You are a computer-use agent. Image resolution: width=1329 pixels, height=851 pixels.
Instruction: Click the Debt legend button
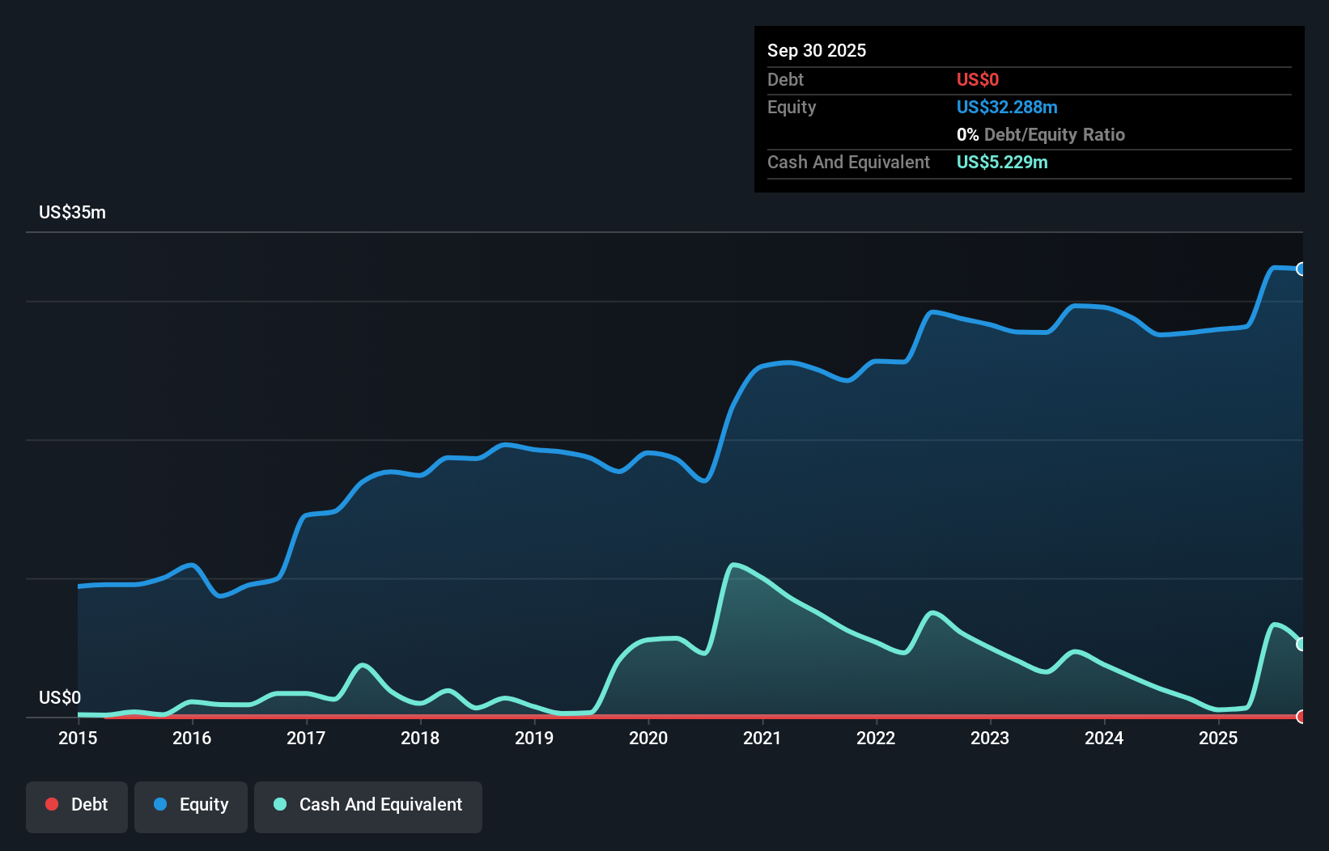point(77,806)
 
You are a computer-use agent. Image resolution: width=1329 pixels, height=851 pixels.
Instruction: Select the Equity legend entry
point(191,806)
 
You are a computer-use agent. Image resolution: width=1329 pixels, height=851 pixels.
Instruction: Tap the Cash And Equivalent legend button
point(368,806)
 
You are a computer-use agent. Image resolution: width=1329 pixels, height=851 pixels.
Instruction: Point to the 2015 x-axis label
point(78,739)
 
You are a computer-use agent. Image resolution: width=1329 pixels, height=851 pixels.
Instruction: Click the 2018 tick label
point(420,739)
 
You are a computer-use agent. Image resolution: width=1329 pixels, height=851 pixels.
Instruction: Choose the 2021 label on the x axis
point(762,739)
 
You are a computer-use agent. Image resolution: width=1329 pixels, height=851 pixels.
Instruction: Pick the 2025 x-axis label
point(1218,739)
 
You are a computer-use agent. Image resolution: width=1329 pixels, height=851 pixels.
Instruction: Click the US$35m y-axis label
point(72,213)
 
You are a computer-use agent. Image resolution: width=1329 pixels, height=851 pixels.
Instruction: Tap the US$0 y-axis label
point(60,698)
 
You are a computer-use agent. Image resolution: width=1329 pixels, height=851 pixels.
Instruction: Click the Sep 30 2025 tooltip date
point(817,51)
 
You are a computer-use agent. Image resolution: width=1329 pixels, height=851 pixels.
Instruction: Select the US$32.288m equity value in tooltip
point(1007,108)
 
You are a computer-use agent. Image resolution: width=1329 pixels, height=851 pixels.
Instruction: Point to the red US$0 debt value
point(978,80)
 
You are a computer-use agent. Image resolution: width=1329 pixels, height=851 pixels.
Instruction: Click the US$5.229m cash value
point(1002,163)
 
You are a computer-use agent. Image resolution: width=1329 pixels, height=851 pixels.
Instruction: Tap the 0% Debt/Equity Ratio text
point(1041,135)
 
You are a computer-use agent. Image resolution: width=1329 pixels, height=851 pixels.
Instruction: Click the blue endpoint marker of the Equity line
point(1301,269)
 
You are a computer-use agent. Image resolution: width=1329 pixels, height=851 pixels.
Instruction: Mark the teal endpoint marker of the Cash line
point(1301,644)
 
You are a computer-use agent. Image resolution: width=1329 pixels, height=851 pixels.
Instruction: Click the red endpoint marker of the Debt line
point(1301,717)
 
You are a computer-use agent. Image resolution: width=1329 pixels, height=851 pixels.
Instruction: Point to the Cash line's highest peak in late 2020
point(733,565)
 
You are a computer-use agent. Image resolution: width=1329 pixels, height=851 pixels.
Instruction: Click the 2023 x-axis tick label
point(990,739)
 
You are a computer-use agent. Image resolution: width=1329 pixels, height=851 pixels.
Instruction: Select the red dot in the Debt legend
point(52,805)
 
